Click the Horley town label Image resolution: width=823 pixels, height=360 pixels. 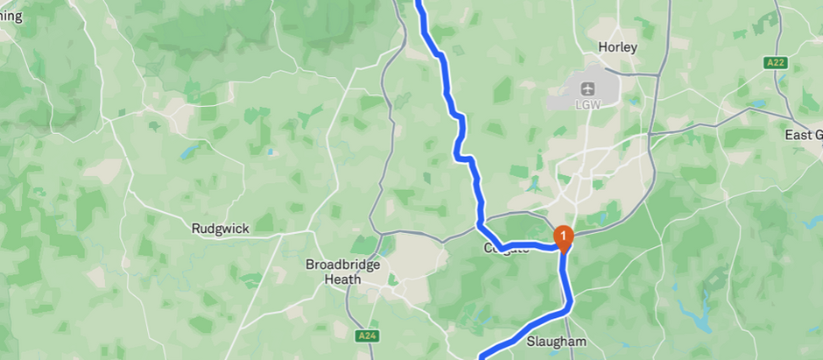tap(617, 47)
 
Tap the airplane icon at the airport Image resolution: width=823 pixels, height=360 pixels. tap(586, 88)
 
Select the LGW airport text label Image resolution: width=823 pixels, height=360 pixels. tap(586, 103)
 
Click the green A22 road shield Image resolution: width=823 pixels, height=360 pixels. tap(775, 63)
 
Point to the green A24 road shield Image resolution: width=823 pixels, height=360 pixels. tap(366, 335)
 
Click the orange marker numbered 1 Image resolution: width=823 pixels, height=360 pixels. tap(565, 236)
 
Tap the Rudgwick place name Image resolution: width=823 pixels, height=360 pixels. tap(220, 229)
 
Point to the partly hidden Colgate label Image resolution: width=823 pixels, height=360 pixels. tap(506, 250)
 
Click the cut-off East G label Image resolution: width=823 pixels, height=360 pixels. tap(804, 135)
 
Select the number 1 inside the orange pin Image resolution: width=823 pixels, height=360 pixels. tap(565, 234)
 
